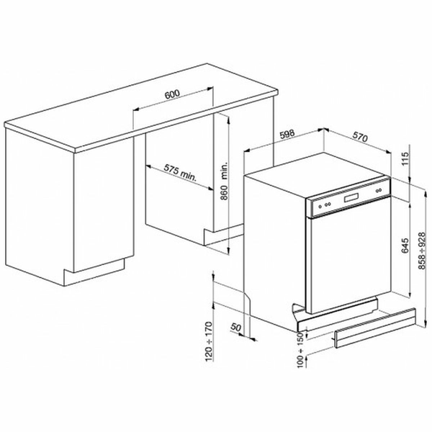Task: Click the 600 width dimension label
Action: tap(172, 94)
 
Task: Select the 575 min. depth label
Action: tap(181, 173)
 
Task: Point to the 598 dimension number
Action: tap(287, 134)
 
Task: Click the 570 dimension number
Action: tap(360, 137)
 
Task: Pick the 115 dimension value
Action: tap(405, 158)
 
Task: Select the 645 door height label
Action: tap(405, 246)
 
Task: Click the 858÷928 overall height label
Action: tap(422, 251)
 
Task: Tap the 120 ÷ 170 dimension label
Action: tap(209, 341)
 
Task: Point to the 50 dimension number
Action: tap(236, 328)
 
